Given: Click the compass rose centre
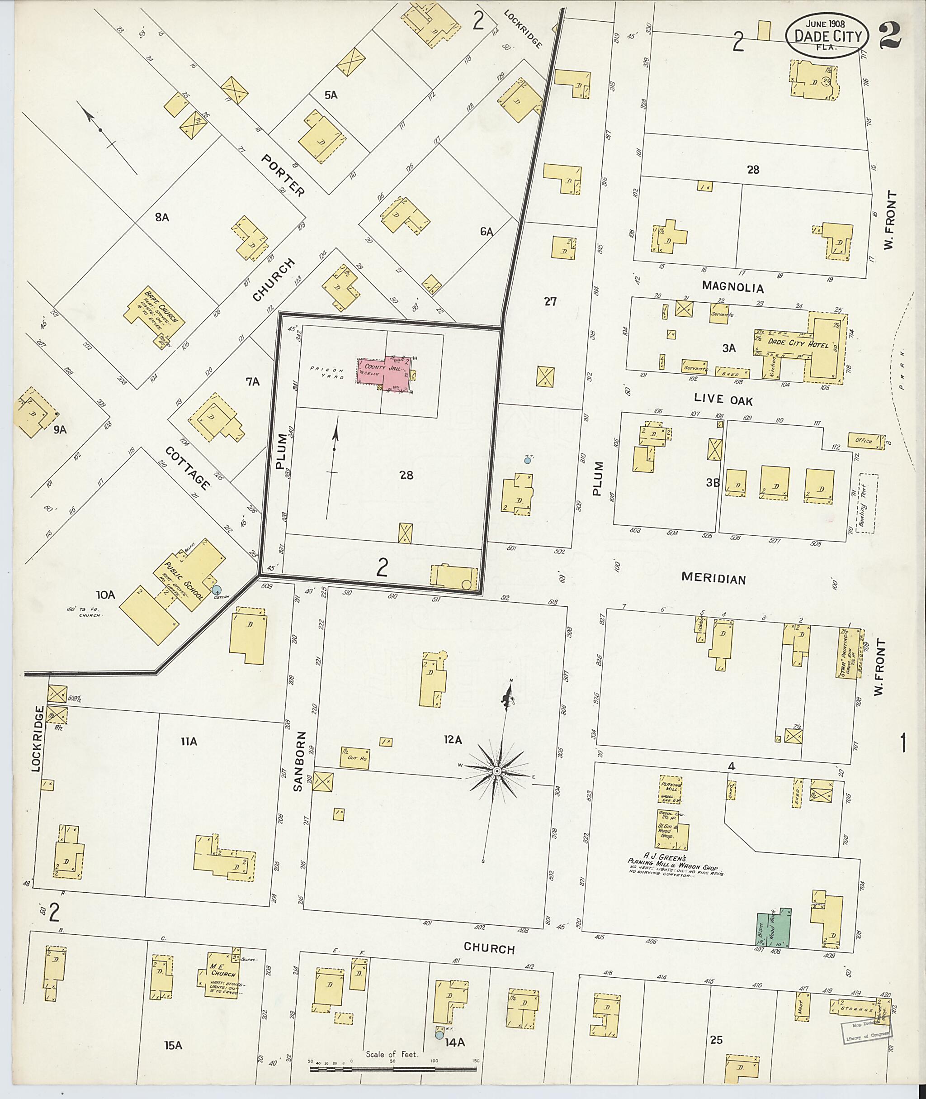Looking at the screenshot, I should [496, 771].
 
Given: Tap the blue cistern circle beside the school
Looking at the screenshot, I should [216, 590].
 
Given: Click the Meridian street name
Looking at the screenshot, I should [713, 578].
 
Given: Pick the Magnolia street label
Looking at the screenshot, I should [732, 287].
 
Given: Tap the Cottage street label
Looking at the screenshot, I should [187, 467].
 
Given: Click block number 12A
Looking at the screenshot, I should [452, 740].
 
